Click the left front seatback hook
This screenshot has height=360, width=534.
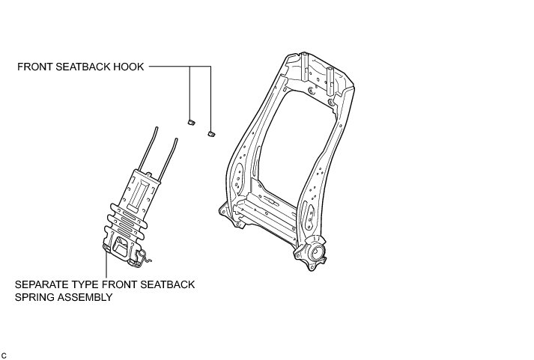(190, 120)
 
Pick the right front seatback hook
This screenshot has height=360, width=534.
(211, 132)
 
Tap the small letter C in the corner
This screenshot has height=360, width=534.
(4, 354)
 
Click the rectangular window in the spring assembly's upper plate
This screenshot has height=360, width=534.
(142, 194)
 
